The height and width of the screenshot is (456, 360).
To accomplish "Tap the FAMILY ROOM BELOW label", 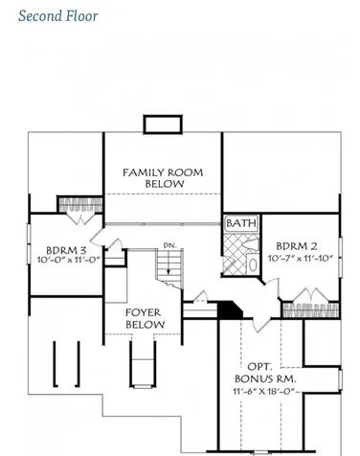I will (x=164, y=177).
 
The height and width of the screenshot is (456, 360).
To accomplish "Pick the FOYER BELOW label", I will (x=144, y=319).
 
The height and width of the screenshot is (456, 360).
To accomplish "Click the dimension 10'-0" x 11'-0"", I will (x=69, y=260).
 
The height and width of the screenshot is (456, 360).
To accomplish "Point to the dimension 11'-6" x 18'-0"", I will (x=260, y=393).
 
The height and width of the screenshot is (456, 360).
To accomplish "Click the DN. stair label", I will (x=169, y=246).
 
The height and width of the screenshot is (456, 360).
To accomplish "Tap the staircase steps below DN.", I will (x=168, y=267).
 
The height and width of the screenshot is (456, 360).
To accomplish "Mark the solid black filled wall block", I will (x=228, y=308).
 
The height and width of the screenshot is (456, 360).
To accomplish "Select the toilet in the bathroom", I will (x=252, y=261).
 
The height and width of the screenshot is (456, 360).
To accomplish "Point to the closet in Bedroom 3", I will (x=74, y=205).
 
